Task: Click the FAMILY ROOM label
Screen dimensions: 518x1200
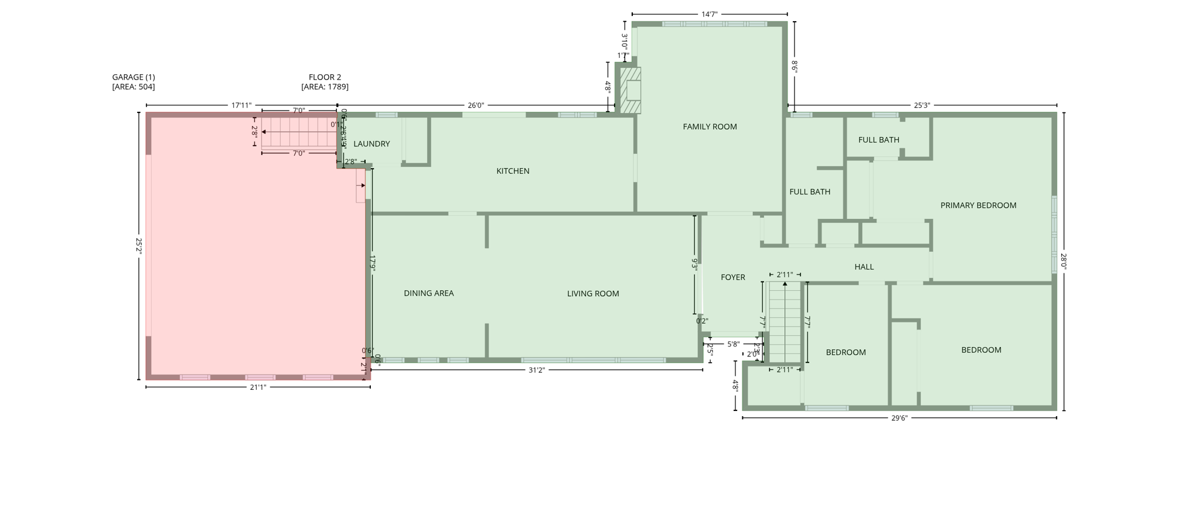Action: tap(710, 126)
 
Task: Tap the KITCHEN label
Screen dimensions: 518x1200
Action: tap(513, 171)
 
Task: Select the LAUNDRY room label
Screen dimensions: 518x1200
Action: tap(371, 144)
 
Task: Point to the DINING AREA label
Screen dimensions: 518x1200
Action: tap(428, 293)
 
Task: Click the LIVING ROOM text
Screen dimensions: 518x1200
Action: tap(593, 294)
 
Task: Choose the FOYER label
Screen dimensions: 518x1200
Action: tap(732, 277)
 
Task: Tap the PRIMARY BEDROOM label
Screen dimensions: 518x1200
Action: tap(978, 205)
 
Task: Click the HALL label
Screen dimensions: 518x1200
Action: tap(864, 267)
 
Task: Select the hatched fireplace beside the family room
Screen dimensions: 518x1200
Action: tap(630, 91)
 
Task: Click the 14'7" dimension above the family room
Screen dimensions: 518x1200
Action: tap(709, 14)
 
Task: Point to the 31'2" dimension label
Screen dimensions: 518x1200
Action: tap(537, 370)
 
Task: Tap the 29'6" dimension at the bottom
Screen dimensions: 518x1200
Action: tap(899, 418)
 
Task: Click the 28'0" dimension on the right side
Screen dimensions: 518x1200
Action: tap(1063, 261)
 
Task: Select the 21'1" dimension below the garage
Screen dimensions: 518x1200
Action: tap(258, 387)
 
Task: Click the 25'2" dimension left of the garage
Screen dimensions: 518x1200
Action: tap(139, 246)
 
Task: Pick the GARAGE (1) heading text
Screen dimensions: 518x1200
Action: tap(134, 77)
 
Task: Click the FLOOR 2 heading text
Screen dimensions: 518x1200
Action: tap(325, 77)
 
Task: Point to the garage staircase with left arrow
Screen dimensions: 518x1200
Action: tap(298, 132)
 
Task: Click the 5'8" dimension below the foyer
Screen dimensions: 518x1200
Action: tap(733, 344)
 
